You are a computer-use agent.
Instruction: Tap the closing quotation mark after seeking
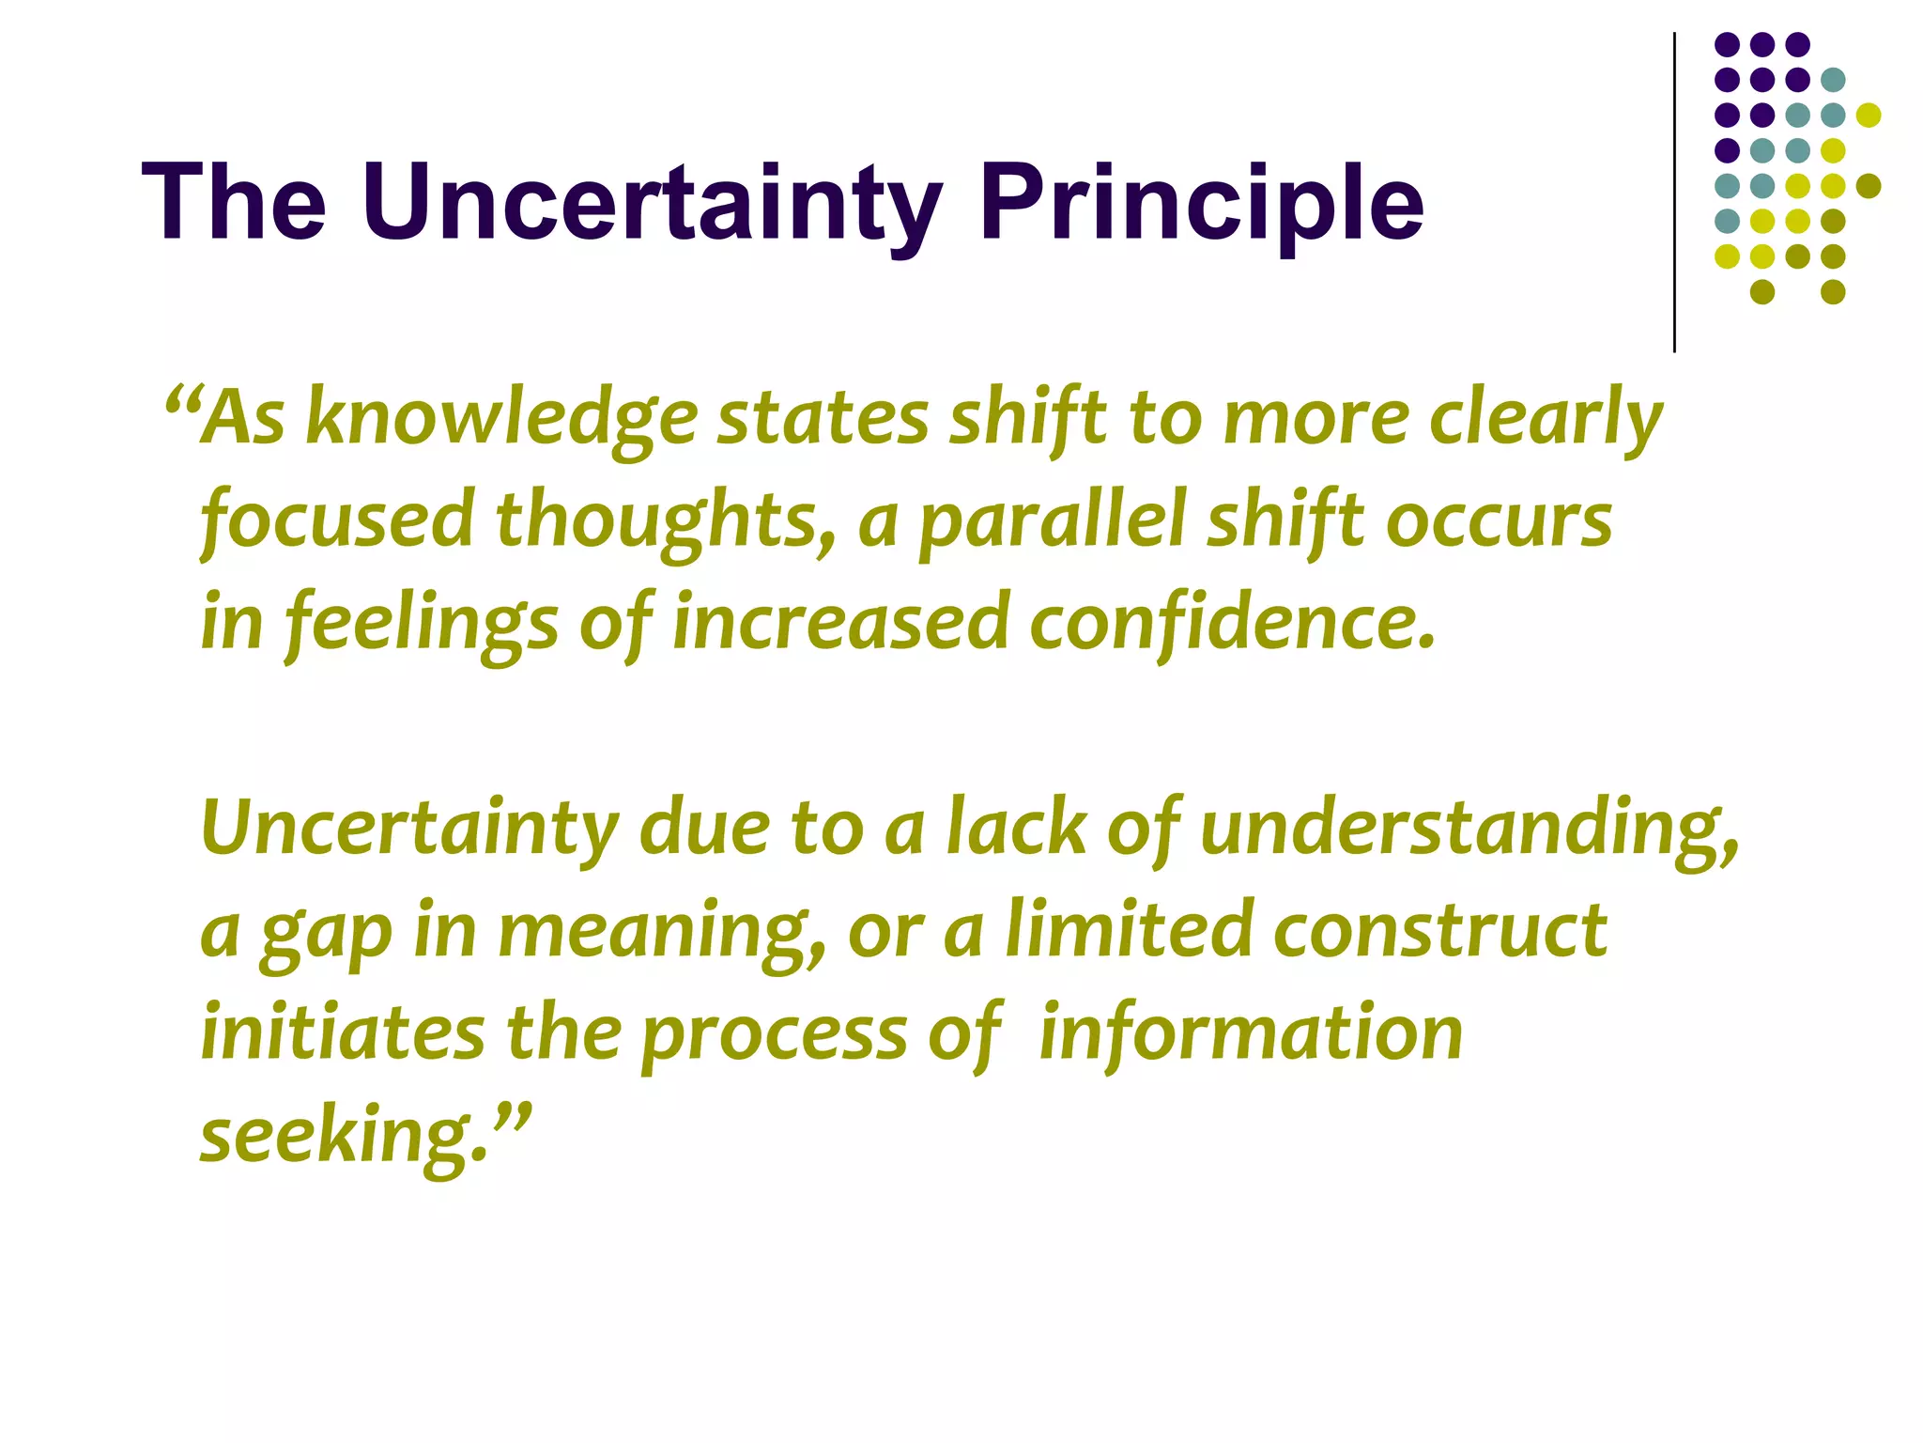tap(513, 1118)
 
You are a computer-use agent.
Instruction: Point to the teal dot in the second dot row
tap(1833, 80)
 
